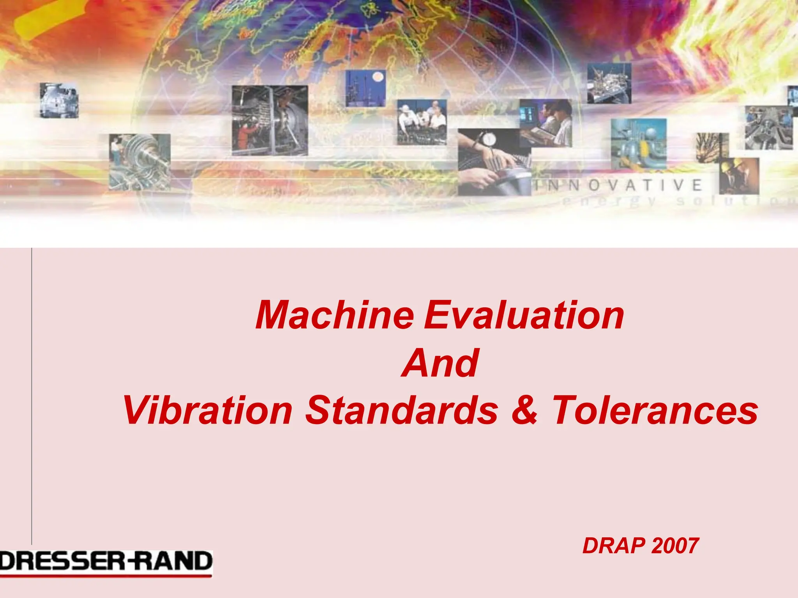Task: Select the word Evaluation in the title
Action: point(524,315)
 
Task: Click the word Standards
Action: point(402,411)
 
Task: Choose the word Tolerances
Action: point(655,411)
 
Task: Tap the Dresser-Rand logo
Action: point(106,563)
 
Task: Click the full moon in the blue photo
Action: point(378,77)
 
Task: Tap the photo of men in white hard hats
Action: point(422,121)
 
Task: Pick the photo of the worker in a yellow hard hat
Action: point(739,176)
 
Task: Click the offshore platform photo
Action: point(609,83)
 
